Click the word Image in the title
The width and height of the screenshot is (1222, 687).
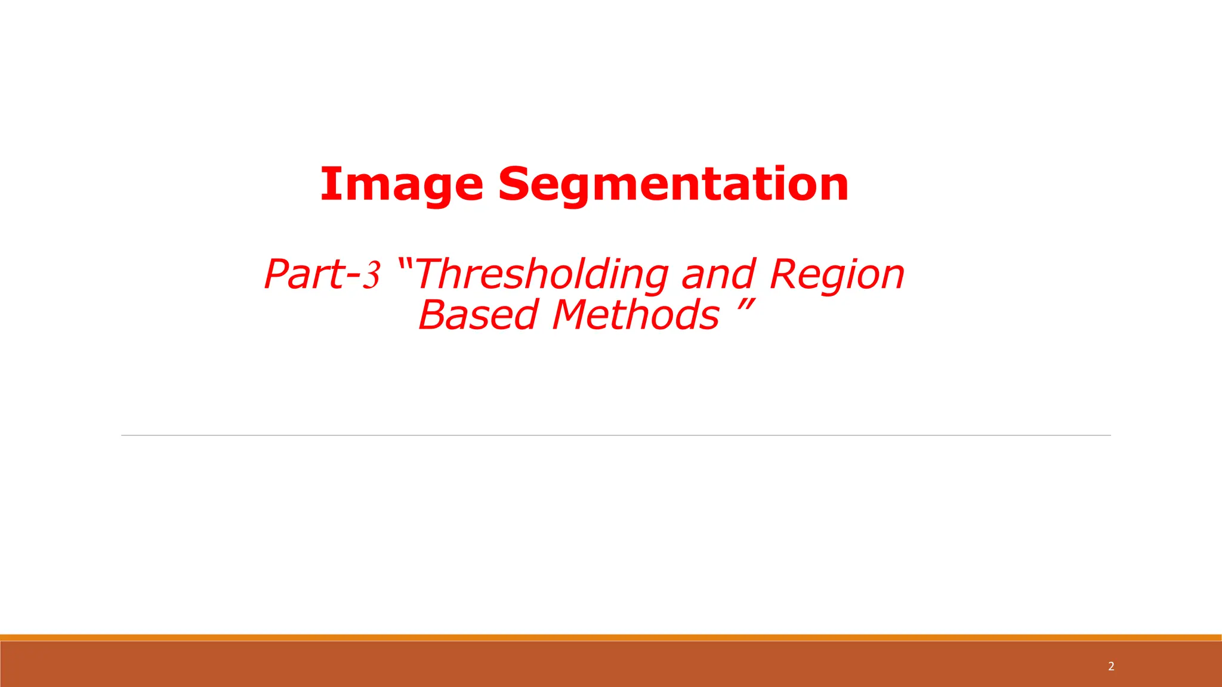click(402, 184)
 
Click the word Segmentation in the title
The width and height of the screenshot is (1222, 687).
click(673, 184)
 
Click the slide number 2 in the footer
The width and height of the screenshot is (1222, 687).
click(1111, 666)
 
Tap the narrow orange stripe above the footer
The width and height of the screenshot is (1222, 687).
click(611, 638)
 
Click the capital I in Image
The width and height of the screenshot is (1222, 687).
click(329, 184)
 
